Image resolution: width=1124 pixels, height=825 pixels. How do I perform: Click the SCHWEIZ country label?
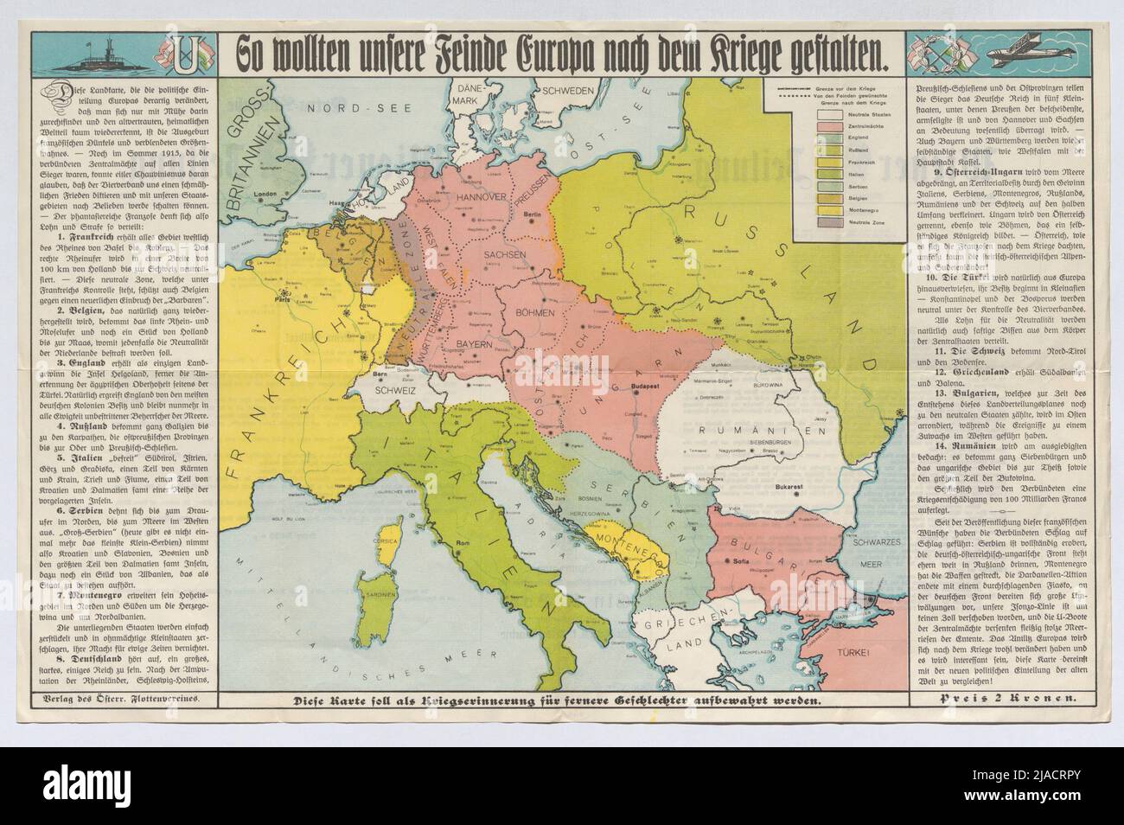pos(393,390)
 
